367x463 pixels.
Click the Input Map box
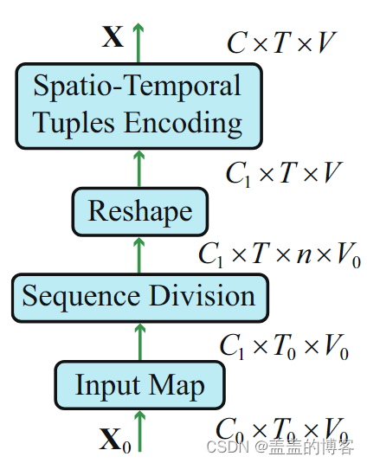tap(140, 385)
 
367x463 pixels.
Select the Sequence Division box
tap(139, 297)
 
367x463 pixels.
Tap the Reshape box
tap(140, 211)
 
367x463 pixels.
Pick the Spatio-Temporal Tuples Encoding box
tap(138, 106)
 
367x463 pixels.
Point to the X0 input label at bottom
tap(115, 441)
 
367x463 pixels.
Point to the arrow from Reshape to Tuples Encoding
tap(139, 167)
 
